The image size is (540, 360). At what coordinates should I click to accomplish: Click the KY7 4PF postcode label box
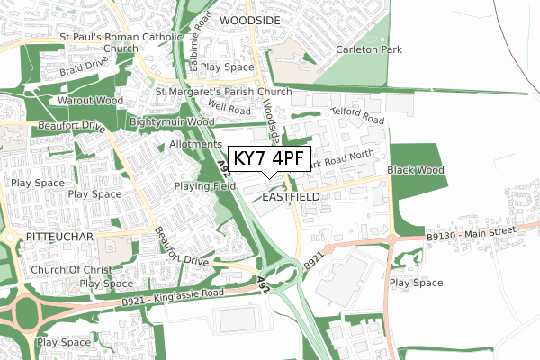click(270, 158)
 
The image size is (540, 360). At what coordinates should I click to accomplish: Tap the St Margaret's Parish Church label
click(223, 92)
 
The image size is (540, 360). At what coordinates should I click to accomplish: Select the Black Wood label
click(416, 170)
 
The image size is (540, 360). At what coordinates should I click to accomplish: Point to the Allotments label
click(194, 144)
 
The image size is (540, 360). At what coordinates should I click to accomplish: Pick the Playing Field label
click(205, 186)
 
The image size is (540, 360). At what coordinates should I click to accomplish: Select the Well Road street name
click(228, 110)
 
